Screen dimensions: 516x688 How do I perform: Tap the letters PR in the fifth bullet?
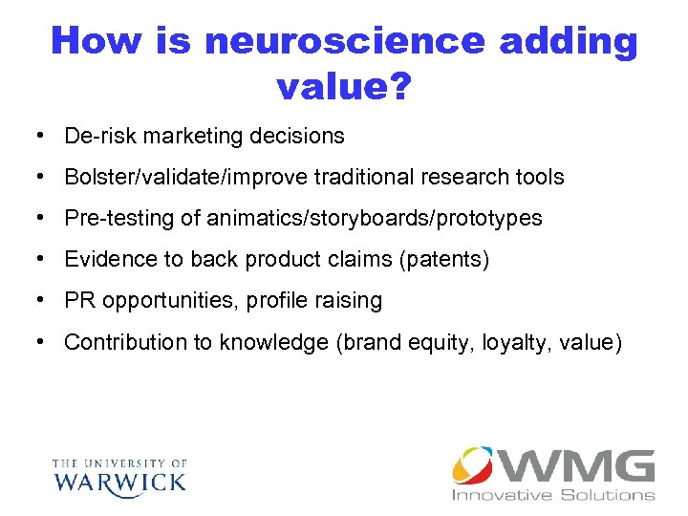pos(79,300)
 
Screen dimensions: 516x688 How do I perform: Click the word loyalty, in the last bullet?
pos(520,342)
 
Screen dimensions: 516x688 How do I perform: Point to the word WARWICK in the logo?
pos(120,480)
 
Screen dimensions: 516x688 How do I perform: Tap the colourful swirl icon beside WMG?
pos(474,466)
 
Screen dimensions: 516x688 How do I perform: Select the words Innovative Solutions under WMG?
pos(553,495)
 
